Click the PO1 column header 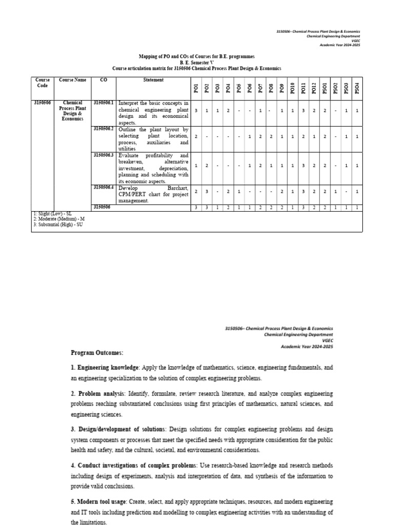click(x=196, y=89)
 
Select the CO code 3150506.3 click(x=104, y=155)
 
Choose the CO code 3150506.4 click(x=104, y=187)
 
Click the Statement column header click(x=153, y=80)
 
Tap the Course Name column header click(x=73, y=80)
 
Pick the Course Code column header click(x=43, y=83)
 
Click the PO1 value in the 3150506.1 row click(x=196, y=111)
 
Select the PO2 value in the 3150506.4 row click(x=207, y=191)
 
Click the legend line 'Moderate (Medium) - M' click(x=58, y=219)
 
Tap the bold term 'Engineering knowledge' click(x=107, y=368)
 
